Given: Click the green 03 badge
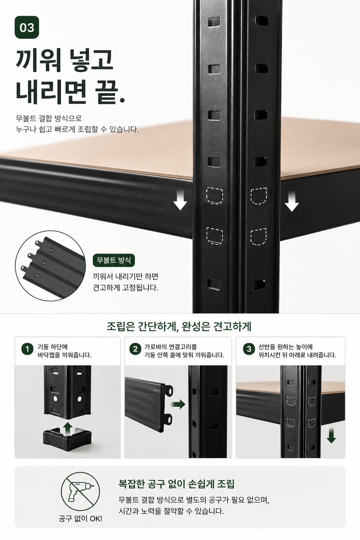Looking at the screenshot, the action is [27, 27].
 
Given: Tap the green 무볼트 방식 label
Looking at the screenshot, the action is [114, 260].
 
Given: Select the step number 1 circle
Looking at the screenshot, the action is [27, 349].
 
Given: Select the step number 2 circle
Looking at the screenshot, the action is [135, 349].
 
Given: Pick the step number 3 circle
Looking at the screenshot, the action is [249, 349].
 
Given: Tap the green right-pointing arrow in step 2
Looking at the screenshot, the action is [178, 404].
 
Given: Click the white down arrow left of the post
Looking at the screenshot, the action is [180, 200].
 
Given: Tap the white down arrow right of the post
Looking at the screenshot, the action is [292, 201].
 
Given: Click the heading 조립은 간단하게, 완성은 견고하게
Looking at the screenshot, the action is [179, 327].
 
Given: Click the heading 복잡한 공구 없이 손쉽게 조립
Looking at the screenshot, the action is [176, 484].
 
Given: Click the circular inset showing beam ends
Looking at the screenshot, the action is [50, 266].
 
